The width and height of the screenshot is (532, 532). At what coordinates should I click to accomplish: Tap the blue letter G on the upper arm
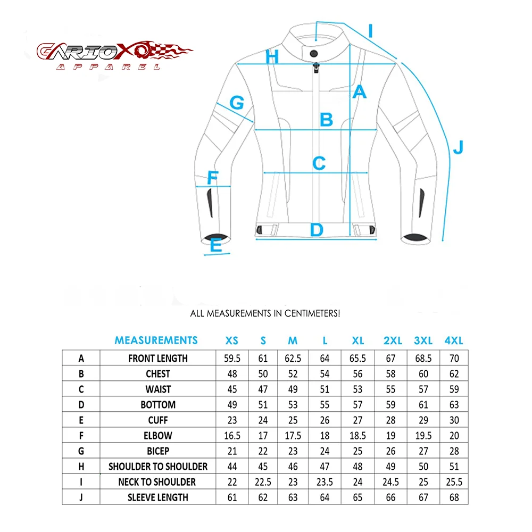click(236, 102)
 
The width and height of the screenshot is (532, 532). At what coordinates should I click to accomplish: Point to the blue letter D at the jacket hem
click(317, 230)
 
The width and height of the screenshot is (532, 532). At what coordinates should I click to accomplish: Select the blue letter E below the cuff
click(215, 245)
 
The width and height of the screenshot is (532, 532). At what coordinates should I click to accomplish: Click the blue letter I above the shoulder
click(370, 30)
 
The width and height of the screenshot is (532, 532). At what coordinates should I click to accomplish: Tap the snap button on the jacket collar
click(314, 53)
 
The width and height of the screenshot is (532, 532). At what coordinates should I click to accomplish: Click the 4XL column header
click(454, 340)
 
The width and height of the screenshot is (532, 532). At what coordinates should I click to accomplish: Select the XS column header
click(232, 340)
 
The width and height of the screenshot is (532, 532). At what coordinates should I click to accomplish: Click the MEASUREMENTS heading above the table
click(156, 340)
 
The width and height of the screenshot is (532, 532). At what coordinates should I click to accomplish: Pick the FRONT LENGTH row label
click(158, 358)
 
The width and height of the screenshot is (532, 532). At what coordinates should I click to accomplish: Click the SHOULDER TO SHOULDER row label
click(158, 467)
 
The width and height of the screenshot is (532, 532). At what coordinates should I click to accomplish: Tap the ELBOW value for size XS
click(232, 436)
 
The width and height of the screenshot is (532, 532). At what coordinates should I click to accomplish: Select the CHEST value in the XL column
click(358, 373)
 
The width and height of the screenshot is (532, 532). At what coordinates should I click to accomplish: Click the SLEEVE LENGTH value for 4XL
click(454, 497)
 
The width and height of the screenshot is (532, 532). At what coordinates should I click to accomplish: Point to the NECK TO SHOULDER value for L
click(325, 482)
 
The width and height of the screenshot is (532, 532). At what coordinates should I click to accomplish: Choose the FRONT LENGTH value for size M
click(293, 358)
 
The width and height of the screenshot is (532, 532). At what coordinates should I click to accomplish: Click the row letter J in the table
click(81, 497)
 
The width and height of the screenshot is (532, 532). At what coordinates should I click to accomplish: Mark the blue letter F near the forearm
click(212, 177)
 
